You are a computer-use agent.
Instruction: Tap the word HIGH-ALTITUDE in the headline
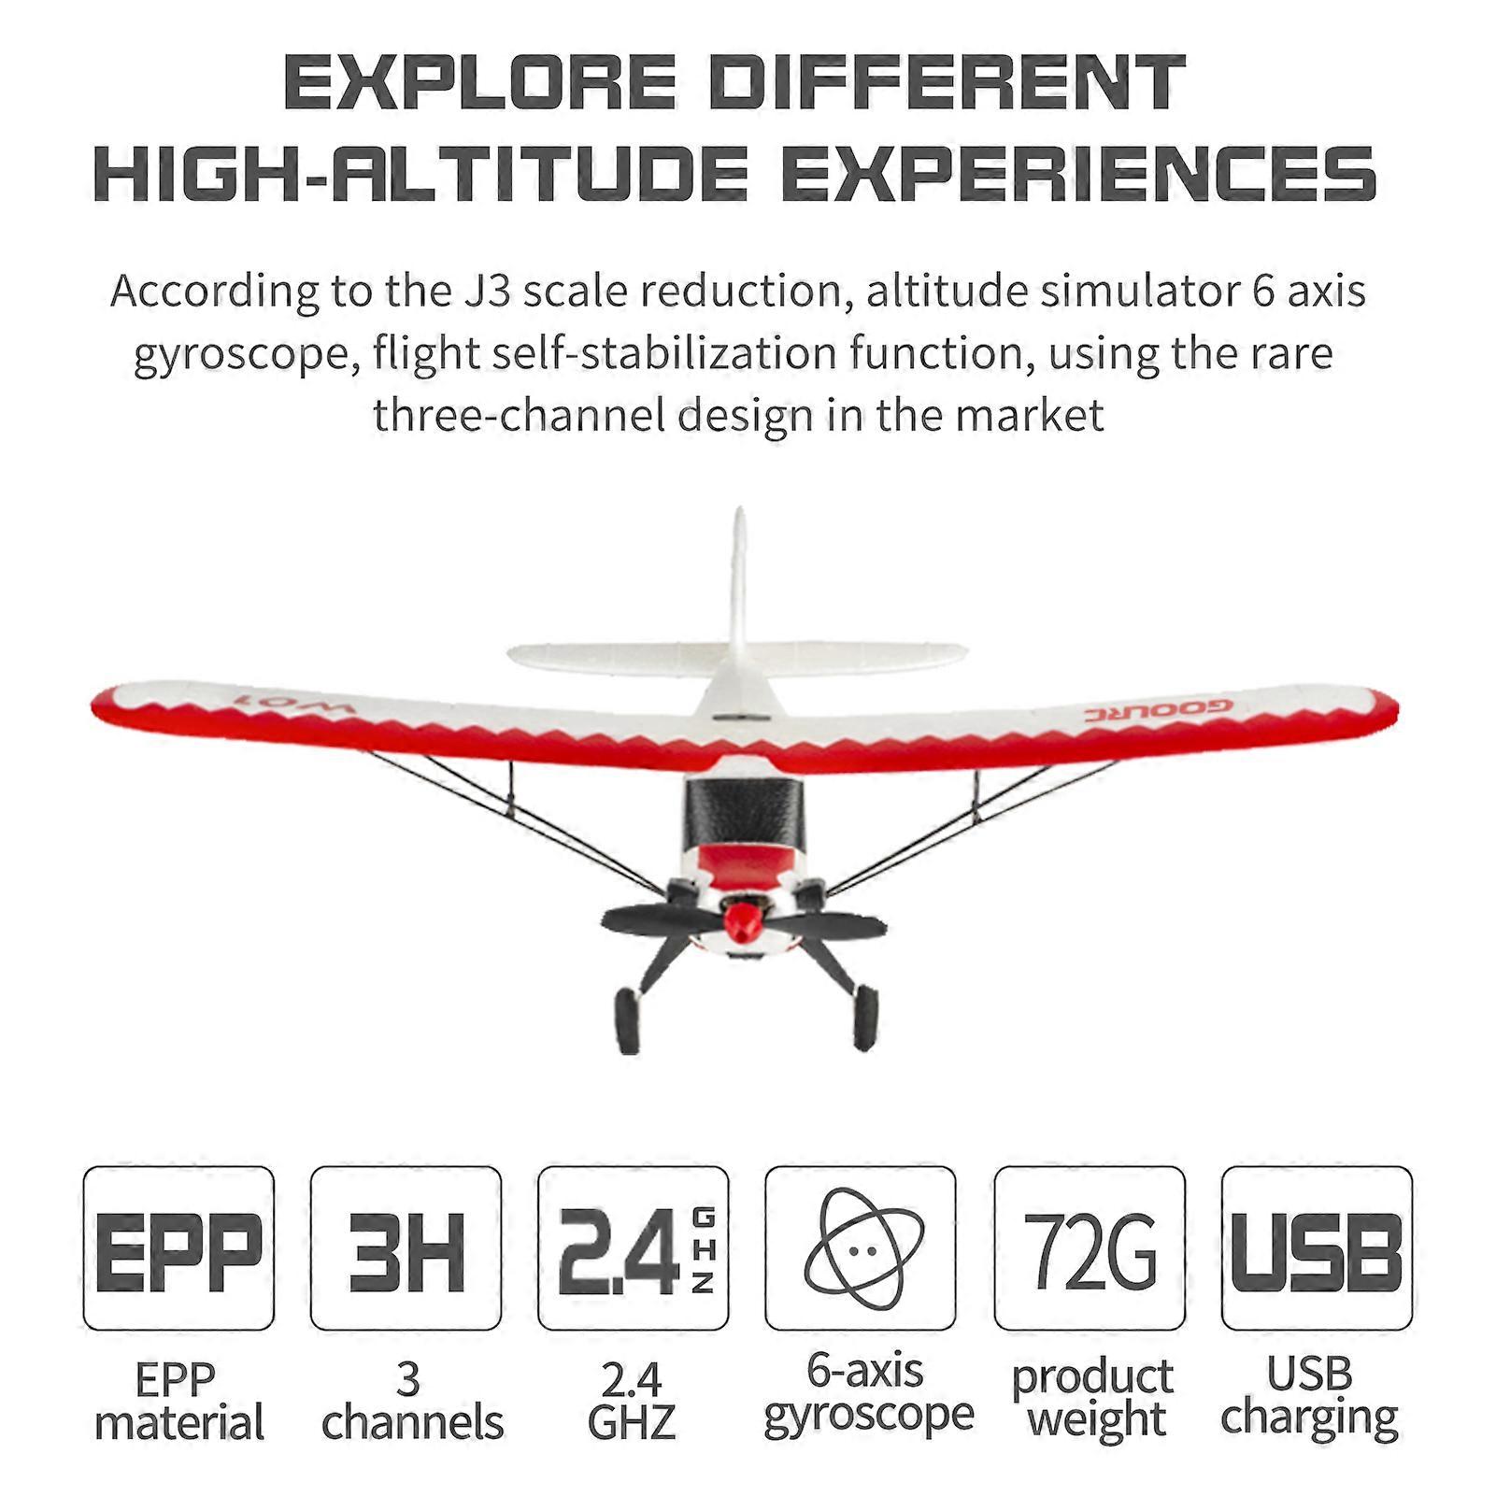(x=420, y=173)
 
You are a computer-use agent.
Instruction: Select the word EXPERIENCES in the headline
(x=1079, y=173)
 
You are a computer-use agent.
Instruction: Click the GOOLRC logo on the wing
(x=1159, y=711)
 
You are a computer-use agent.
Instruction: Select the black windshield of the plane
(x=743, y=813)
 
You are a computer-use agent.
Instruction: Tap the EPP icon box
(x=178, y=1248)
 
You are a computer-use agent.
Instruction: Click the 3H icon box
(x=406, y=1248)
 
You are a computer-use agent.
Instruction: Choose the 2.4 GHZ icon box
(x=634, y=1248)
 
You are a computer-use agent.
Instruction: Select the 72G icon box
(x=1090, y=1248)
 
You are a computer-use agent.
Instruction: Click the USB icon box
(x=1317, y=1248)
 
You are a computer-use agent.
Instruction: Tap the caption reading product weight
(x=1092, y=1398)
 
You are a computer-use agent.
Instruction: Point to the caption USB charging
(x=1309, y=1396)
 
